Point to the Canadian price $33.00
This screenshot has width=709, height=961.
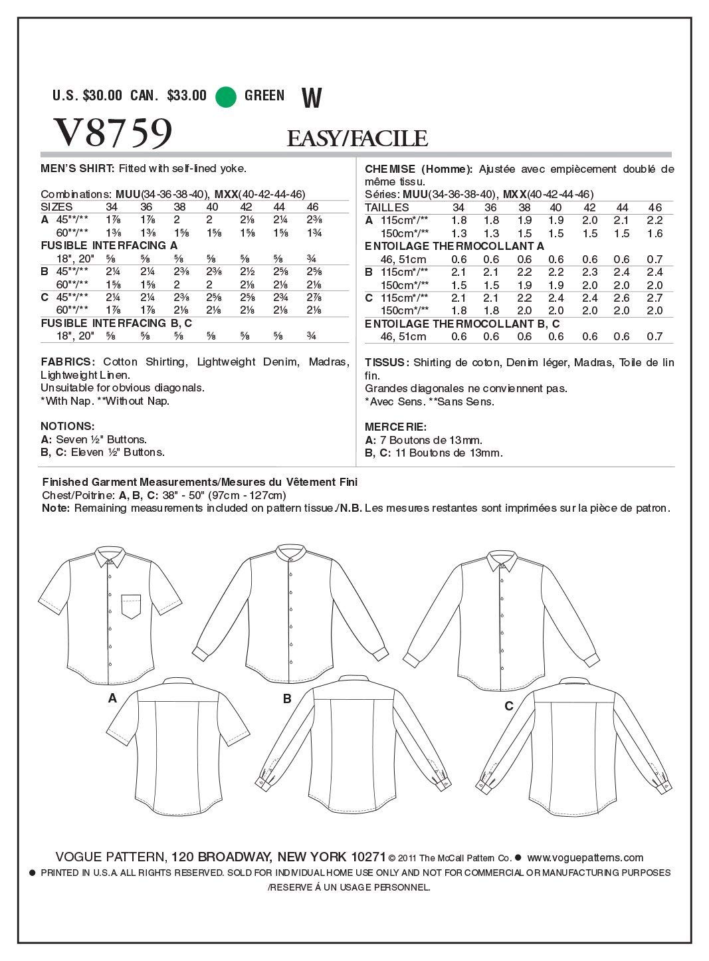click(187, 96)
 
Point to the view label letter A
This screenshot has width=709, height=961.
click(112, 698)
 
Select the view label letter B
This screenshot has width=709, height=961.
click(288, 698)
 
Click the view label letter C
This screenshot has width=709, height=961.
click(508, 706)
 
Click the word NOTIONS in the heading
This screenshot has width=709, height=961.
click(67, 426)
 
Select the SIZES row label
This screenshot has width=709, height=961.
click(57, 207)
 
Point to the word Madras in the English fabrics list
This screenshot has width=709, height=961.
click(327, 362)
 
